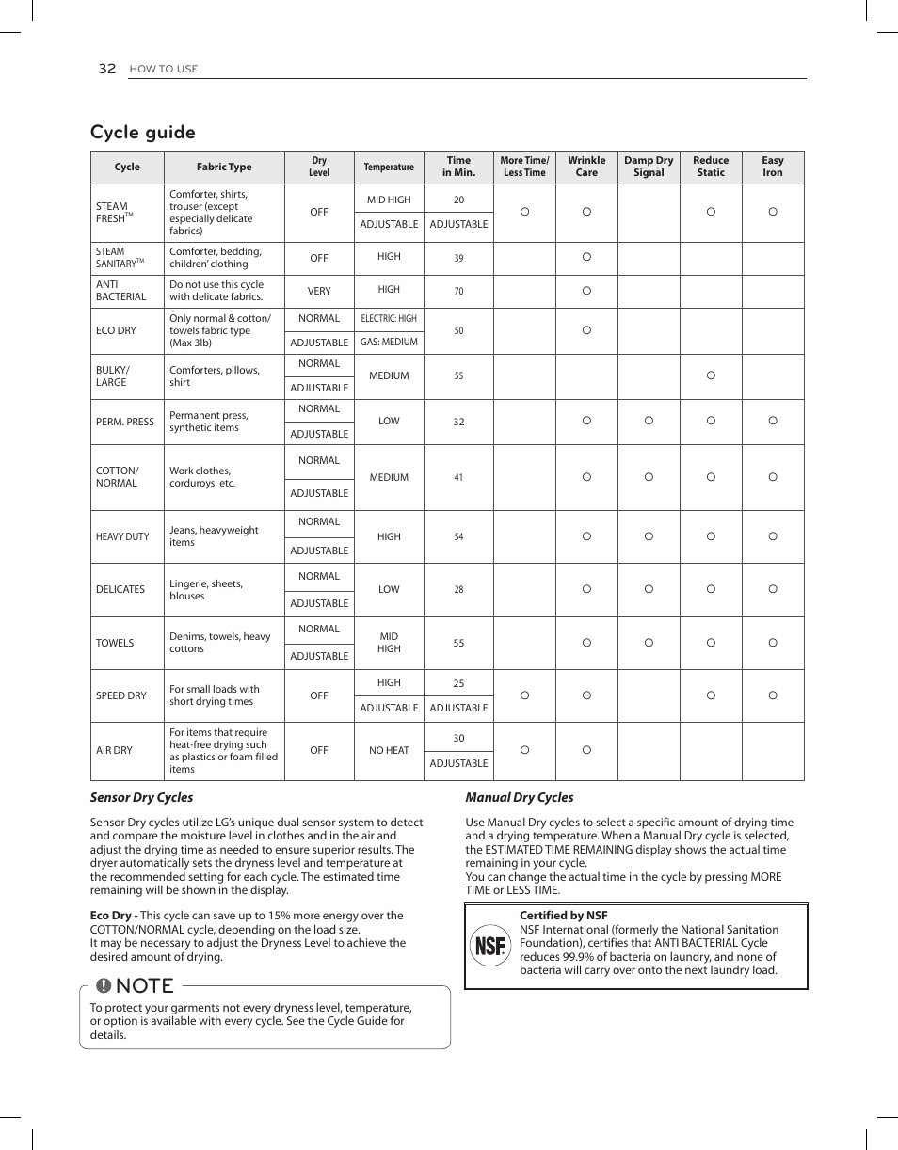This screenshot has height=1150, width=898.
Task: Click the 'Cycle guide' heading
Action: [143, 133]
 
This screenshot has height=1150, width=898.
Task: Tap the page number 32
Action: [106, 69]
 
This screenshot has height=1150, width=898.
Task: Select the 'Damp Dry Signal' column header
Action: [649, 167]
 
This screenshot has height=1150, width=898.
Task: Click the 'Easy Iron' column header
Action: [772, 167]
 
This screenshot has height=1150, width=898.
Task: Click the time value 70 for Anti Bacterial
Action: [458, 292]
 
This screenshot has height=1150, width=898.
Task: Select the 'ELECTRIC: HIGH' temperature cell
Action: [389, 319]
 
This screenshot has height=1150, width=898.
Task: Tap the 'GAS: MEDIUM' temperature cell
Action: [389, 343]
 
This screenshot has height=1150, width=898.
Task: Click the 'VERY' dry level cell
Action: [319, 292]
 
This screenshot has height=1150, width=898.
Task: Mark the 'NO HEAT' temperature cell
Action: [389, 751]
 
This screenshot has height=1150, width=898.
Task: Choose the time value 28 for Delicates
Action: [458, 590]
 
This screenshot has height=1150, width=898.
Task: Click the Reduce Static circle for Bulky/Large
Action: [711, 375]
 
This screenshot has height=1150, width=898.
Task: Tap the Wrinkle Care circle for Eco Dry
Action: [586, 330]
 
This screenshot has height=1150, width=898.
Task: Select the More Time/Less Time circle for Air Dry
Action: [524, 750]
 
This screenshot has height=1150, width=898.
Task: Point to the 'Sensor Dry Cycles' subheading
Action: [141, 798]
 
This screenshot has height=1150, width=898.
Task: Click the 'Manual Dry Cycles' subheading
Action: [519, 798]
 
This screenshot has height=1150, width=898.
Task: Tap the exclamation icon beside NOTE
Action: [104, 986]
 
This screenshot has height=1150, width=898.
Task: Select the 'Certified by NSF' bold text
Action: [563, 916]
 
